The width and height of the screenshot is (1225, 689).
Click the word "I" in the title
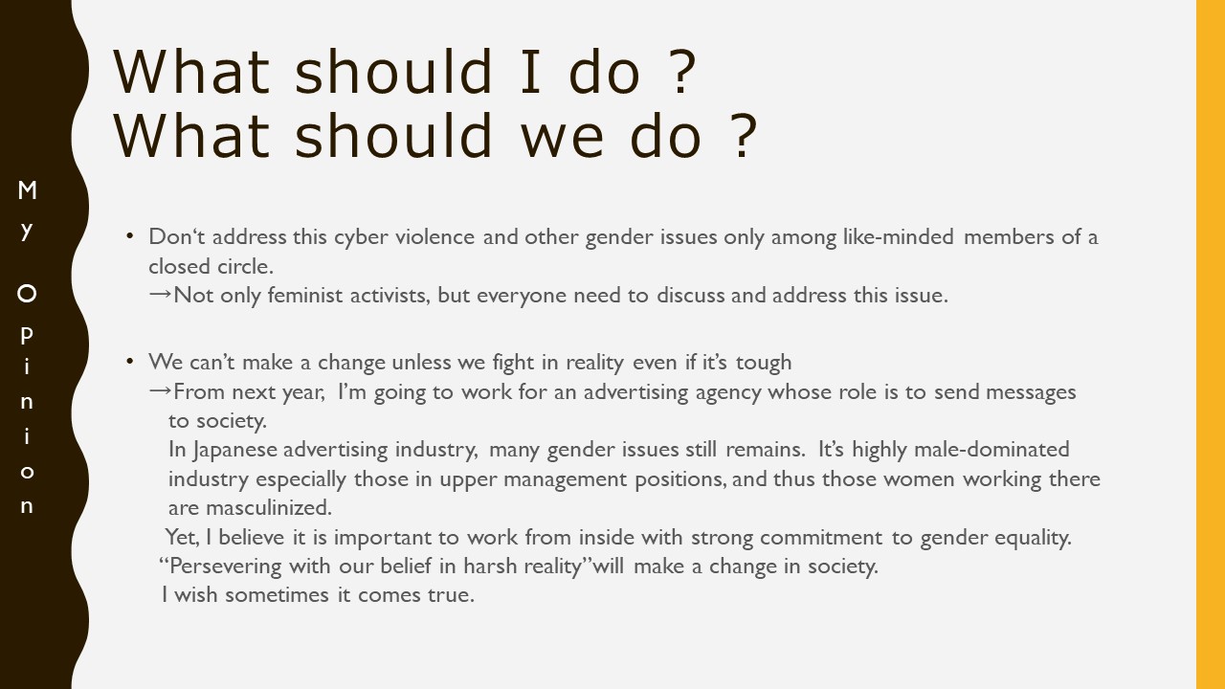coord(530,72)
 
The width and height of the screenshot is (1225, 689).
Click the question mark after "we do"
coord(744,136)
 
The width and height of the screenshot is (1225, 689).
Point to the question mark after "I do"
coord(682,72)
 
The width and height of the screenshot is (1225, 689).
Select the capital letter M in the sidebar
coord(27,190)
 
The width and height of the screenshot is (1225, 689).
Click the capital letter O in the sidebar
coord(27,294)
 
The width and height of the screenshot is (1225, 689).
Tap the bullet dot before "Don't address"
coord(129,236)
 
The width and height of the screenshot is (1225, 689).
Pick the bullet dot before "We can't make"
coord(129,362)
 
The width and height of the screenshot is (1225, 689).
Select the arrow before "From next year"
coord(160,391)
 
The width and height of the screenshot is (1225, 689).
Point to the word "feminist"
coord(304,296)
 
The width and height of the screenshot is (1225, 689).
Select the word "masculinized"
coord(269,507)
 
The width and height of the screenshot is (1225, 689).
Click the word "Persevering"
coord(225,567)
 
